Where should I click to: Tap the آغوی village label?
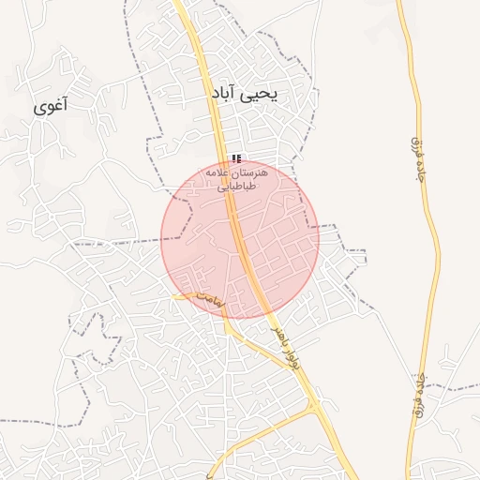[52, 106]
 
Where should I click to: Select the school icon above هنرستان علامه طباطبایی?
[236, 158]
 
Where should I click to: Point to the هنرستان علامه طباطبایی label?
[242, 180]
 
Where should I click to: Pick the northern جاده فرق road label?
[417, 155]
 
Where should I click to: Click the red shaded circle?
[240, 239]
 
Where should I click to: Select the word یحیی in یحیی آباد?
[268, 95]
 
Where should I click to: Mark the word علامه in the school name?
[225, 173]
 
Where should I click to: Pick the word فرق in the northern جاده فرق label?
[418, 170]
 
